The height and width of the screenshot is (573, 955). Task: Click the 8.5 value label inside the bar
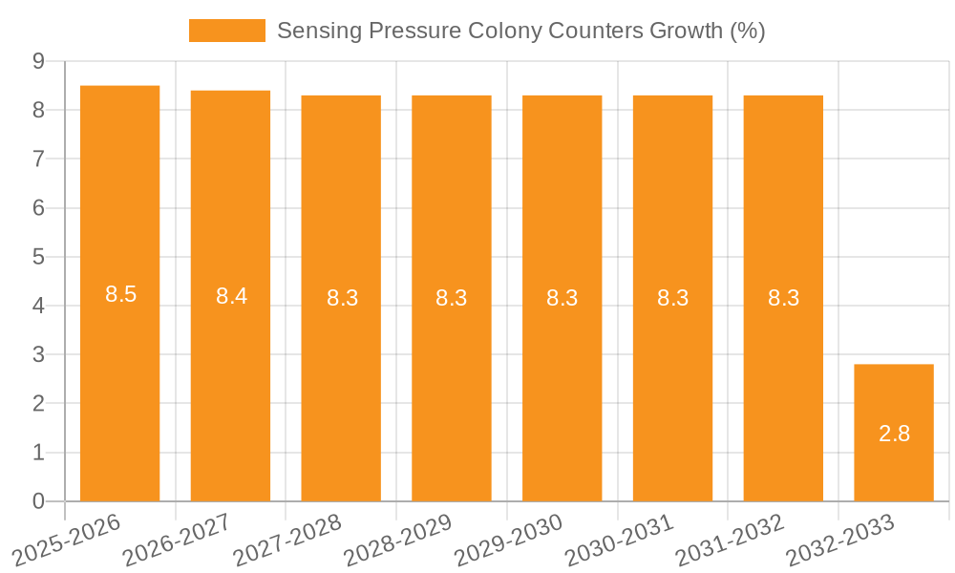coord(121,294)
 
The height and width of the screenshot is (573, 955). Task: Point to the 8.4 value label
coord(231,296)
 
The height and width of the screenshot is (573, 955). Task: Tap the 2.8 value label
coord(894,434)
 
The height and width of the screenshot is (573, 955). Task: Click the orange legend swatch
coord(226,31)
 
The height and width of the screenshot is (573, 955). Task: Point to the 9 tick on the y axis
coord(39,61)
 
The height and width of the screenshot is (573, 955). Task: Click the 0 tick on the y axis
coord(39,501)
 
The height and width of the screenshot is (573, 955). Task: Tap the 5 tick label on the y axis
coord(39,257)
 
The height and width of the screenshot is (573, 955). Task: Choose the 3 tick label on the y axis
coord(39,354)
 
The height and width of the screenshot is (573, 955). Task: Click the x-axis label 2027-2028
coord(286,541)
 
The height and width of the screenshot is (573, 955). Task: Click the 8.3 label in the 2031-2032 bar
coord(783,298)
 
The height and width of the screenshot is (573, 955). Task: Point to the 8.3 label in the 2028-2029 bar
coord(452,298)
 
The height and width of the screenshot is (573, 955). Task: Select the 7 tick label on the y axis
coord(39,159)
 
